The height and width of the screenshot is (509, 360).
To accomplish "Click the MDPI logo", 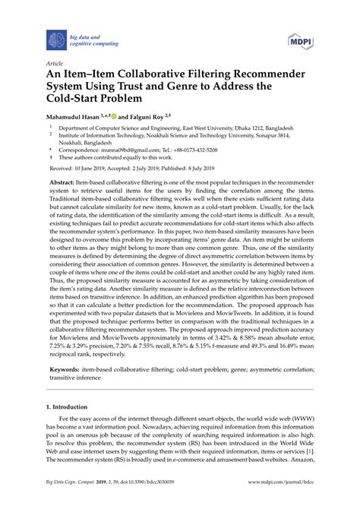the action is tap(298, 40).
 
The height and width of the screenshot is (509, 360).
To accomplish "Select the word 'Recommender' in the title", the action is tap(254, 77).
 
